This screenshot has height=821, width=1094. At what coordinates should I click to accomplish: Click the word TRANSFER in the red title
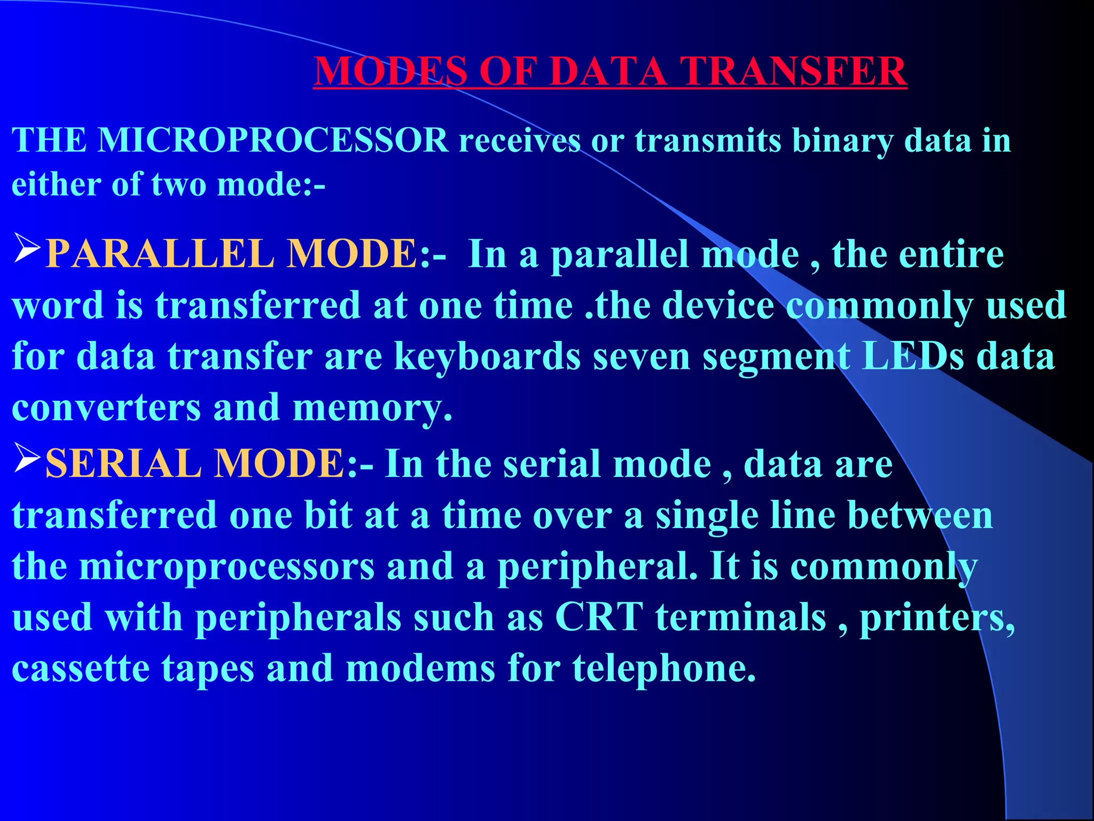point(793,71)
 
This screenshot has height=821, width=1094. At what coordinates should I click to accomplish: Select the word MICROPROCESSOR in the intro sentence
point(273,141)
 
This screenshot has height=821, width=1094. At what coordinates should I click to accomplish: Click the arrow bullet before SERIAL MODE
point(27,458)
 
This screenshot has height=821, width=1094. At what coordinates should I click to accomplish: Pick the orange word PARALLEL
point(160,253)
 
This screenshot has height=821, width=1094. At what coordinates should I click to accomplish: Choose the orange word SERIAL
point(123,463)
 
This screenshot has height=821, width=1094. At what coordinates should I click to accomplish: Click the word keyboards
point(487,357)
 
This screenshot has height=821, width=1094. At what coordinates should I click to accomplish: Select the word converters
point(106,408)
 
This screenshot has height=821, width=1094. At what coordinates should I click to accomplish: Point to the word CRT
point(599,617)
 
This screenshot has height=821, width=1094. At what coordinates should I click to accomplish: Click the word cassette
point(80,669)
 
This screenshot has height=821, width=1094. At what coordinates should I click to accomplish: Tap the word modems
point(420,669)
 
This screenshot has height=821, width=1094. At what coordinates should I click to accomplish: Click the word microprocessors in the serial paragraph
point(227,567)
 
